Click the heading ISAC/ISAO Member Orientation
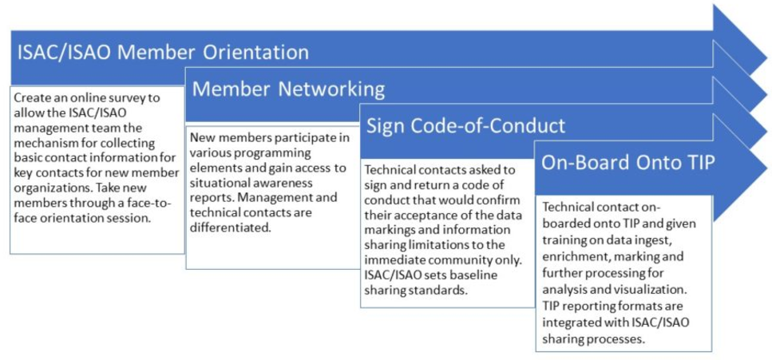[163, 52]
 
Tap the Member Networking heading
[288, 90]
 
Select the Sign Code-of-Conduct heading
[465, 126]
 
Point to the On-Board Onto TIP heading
[627, 164]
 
